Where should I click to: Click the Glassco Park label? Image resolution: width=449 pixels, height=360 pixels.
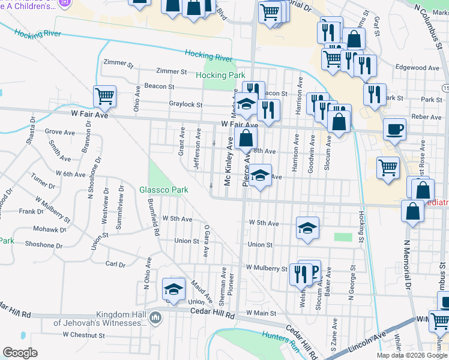(164, 190)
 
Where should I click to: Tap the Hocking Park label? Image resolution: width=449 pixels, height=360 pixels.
(220, 75)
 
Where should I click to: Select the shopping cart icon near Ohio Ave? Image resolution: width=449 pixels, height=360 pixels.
(104, 95)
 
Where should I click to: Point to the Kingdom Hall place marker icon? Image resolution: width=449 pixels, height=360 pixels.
(155, 317)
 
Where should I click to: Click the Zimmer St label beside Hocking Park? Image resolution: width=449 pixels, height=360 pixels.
(171, 71)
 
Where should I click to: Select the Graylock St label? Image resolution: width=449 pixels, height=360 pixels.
(185, 104)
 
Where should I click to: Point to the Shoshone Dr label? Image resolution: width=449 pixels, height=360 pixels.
(44, 245)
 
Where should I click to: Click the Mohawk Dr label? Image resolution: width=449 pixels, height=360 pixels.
(50, 229)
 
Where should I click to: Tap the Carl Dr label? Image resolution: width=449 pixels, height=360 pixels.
(115, 264)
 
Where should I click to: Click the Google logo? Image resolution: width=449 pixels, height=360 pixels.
(20, 353)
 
